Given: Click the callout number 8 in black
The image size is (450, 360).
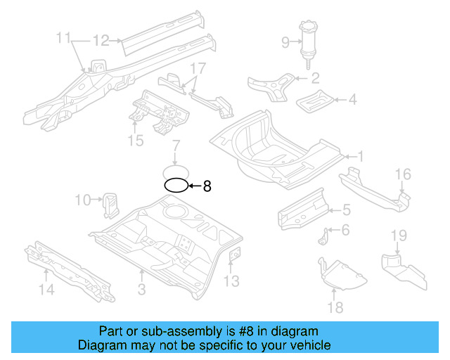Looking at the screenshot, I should (207, 186).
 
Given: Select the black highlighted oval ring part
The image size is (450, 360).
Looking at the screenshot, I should (176, 186).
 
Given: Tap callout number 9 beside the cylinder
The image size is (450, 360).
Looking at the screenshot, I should (285, 42).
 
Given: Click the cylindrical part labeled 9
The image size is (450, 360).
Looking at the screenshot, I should (308, 42).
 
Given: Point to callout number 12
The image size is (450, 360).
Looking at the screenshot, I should (101, 40).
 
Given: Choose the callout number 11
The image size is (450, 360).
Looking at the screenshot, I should (64, 37).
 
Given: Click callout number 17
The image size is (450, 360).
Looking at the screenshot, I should (198, 68).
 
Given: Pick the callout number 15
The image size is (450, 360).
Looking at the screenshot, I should (136, 141).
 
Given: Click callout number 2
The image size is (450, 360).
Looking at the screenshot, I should (316, 78).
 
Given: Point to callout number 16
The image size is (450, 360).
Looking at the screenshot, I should (402, 174).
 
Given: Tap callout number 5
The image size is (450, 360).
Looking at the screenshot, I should (346, 209).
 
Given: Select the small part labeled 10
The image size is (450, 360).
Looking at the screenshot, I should (110, 202).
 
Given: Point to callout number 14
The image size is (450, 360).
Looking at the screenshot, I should (46, 288).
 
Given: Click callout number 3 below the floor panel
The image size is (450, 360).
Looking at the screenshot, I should (141, 289).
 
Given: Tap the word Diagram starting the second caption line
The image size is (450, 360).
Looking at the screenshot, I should (101, 345).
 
